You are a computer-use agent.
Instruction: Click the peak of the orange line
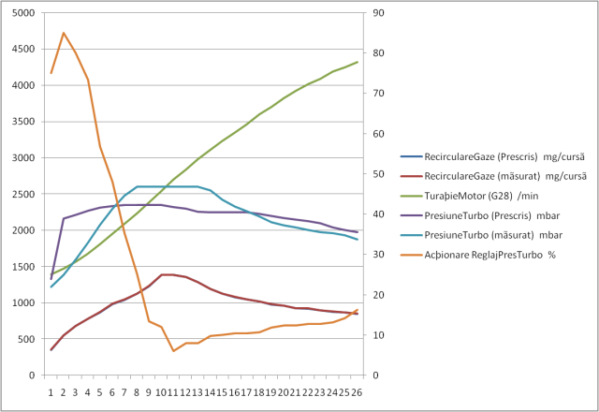(x=64, y=33)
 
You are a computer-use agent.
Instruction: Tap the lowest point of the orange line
(x=173, y=351)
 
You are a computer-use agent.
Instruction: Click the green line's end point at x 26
(x=358, y=62)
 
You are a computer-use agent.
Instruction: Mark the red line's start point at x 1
(x=51, y=350)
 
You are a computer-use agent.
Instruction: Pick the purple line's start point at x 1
(x=51, y=278)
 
